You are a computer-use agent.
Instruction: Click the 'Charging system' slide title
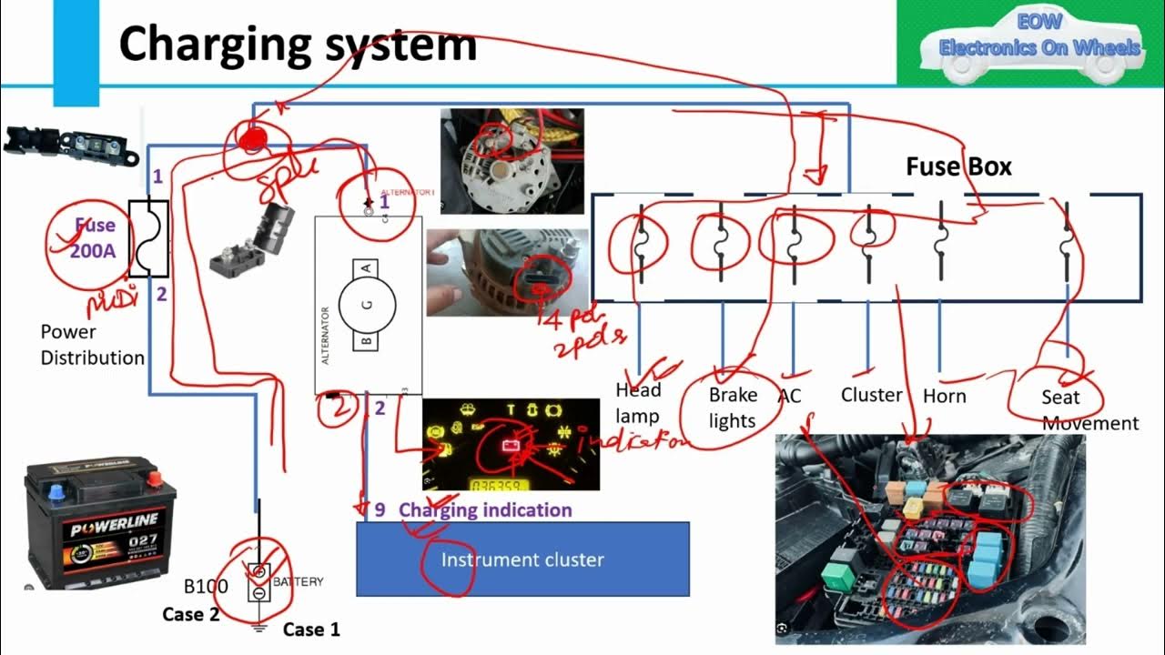(x=298, y=43)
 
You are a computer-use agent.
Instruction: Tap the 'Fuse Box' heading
(x=958, y=166)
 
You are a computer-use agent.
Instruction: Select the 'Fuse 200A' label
(x=95, y=237)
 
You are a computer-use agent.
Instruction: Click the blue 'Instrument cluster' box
(x=522, y=559)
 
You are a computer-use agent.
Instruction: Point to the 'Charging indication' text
(x=485, y=509)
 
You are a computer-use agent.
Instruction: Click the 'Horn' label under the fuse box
(x=944, y=396)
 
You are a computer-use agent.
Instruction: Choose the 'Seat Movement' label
(x=1074, y=409)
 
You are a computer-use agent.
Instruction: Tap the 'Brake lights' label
(x=733, y=408)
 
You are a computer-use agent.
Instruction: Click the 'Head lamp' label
(x=638, y=402)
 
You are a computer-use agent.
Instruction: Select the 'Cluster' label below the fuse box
(x=871, y=395)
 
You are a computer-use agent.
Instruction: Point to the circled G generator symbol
(x=368, y=305)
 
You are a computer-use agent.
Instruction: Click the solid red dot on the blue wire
(x=252, y=137)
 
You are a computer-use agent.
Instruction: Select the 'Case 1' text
(x=311, y=629)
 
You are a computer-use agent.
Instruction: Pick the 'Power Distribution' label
(x=92, y=345)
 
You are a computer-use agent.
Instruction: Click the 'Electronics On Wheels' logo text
(x=1039, y=46)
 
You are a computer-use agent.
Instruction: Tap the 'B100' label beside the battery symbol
(x=206, y=586)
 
